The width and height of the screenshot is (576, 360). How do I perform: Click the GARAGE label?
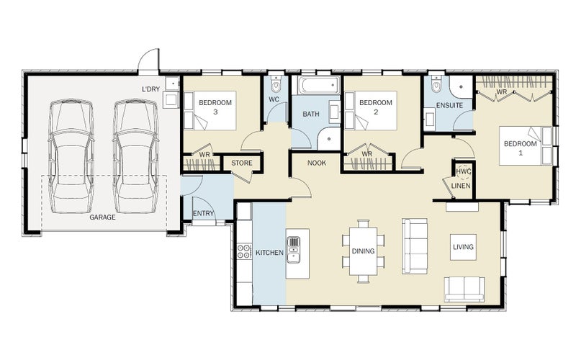(x=102, y=217)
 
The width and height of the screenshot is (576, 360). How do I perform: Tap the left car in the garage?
(x=71, y=156)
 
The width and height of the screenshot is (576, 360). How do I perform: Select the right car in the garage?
(x=135, y=156)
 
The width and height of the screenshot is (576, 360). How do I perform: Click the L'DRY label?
(x=151, y=89)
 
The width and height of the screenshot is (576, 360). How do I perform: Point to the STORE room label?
(x=242, y=163)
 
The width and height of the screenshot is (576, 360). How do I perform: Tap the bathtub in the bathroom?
(x=319, y=86)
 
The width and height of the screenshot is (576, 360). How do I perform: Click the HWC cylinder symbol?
(x=463, y=171)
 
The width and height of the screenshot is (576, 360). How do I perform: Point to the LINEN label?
(x=461, y=186)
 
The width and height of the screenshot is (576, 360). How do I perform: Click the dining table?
(x=364, y=251)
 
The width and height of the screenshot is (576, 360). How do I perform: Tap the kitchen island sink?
(x=294, y=249)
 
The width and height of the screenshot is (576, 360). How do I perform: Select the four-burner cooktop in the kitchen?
(x=244, y=251)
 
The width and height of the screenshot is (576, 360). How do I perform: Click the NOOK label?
(x=317, y=163)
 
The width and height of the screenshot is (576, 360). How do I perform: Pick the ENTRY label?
(x=203, y=213)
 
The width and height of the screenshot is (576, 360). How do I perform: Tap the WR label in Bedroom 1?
(x=502, y=91)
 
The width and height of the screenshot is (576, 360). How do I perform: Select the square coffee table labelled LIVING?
(x=463, y=247)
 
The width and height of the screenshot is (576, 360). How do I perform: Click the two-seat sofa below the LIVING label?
(x=464, y=289)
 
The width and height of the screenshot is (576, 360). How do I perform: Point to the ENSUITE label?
(x=449, y=105)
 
